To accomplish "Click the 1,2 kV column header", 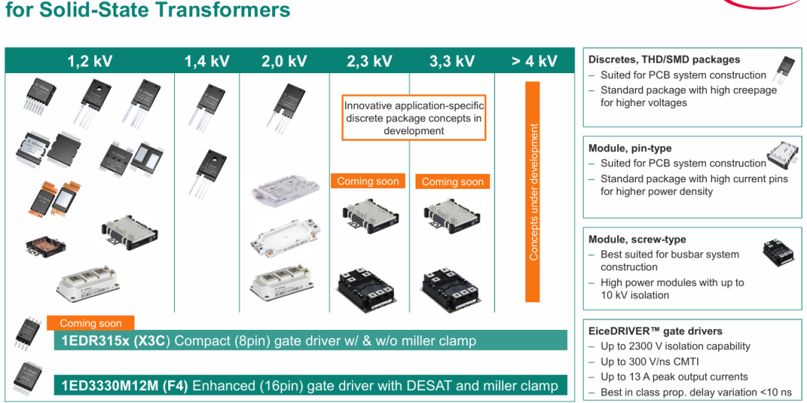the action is (90, 61).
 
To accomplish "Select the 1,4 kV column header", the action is (207, 61).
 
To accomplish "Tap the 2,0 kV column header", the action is (284, 61).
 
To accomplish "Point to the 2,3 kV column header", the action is (369, 61).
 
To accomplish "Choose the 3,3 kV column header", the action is (451, 61).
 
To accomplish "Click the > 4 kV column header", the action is (534, 61).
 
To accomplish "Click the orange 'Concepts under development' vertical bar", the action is (532, 192).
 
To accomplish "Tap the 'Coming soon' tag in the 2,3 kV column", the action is (368, 181).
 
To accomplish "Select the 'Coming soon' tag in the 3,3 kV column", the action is (453, 181).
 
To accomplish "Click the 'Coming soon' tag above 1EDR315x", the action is (90, 323).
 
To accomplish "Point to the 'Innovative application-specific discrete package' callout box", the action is (414, 117).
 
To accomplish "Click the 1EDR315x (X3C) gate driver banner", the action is (310, 340).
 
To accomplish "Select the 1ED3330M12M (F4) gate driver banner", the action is (310, 385).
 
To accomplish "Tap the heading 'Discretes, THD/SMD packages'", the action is (664, 60).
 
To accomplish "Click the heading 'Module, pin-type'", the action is (630, 148).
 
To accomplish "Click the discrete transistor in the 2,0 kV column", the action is (282, 105).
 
